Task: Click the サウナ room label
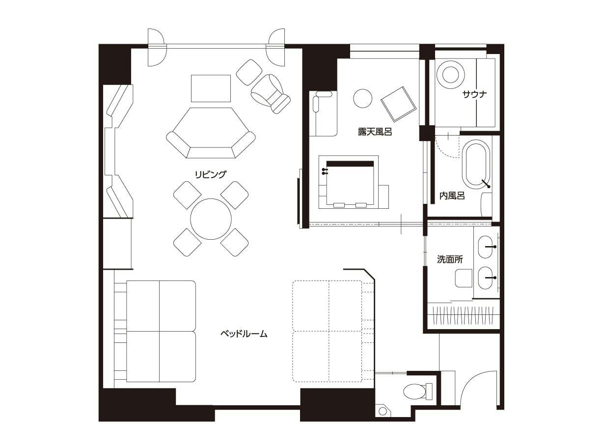[475, 94]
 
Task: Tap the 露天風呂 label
[375, 132]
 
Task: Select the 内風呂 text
[452, 196]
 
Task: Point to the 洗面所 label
[450, 259]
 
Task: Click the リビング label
[211, 174]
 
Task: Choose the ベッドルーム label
[244, 334]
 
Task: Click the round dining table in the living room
[211, 219]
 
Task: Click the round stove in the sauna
[450, 74]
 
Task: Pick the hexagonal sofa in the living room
[211, 133]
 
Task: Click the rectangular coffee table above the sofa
[211, 88]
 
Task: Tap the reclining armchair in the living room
[270, 94]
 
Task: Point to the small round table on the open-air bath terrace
[363, 98]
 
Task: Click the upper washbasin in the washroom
[486, 247]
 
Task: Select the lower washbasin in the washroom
[486, 278]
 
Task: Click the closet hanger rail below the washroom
[464, 315]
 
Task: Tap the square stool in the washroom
[464, 278]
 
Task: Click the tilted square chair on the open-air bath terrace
[399, 104]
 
